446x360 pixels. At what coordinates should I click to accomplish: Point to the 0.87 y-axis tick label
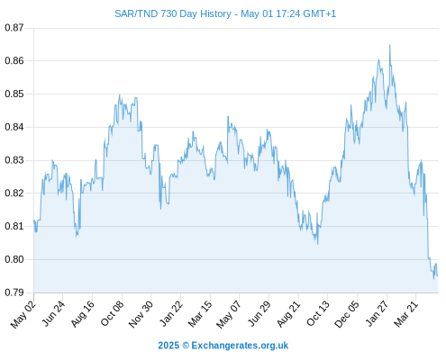14,28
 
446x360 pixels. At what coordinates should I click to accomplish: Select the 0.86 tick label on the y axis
14,61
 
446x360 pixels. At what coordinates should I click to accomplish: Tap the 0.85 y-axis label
14,94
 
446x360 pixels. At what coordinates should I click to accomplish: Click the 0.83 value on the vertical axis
14,160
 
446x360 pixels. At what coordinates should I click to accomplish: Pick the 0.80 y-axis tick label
14,259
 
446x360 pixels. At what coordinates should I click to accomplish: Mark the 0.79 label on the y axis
14,292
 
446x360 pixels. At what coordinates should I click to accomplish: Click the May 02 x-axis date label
23,314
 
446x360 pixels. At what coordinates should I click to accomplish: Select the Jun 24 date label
53,313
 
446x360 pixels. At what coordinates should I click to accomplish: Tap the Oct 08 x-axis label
112,313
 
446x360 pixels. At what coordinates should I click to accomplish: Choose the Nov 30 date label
141,314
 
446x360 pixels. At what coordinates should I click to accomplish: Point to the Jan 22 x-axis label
171,313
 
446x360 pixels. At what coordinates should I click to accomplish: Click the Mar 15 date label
200,314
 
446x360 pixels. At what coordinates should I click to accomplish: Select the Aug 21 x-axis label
288,314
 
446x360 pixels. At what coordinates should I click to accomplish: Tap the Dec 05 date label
347,314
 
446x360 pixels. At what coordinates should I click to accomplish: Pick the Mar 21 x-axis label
406,314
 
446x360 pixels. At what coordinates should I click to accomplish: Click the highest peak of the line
390,45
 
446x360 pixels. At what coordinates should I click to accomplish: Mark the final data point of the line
438,275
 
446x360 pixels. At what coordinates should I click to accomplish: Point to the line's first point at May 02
34,220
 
